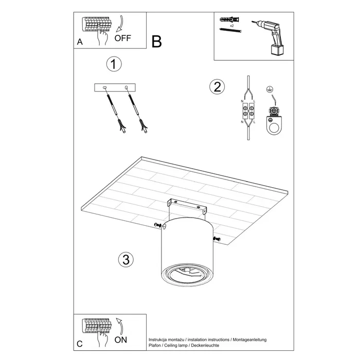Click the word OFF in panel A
[x=123, y=38]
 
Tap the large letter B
[x=157, y=41]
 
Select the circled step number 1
[x=113, y=64]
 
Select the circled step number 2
[x=217, y=86]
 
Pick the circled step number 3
[x=122, y=259]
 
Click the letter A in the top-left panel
[x=79, y=43]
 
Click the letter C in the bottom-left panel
[x=79, y=344]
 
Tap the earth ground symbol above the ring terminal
[x=268, y=89]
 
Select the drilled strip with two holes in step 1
[x=116, y=88]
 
